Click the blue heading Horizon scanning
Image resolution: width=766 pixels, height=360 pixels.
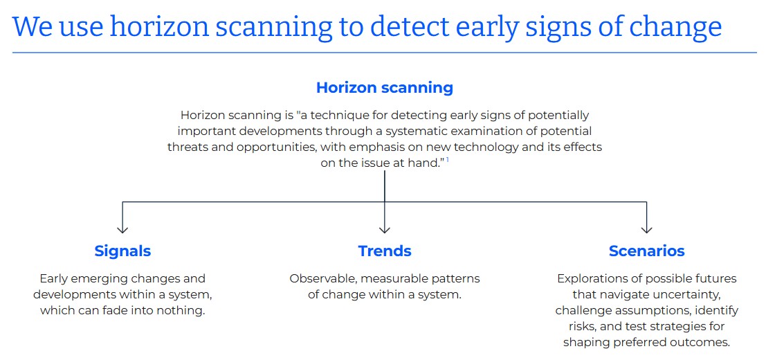click(x=385, y=88)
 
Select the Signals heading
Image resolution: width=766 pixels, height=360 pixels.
click(x=122, y=251)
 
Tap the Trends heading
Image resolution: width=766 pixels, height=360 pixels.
click(x=385, y=251)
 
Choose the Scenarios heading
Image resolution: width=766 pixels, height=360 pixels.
click(x=646, y=251)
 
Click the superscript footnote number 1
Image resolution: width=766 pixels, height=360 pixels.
click(x=448, y=160)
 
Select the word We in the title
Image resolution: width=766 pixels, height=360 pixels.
click(x=33, y=28)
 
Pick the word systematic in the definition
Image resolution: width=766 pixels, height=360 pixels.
click(x=423, y=131)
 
